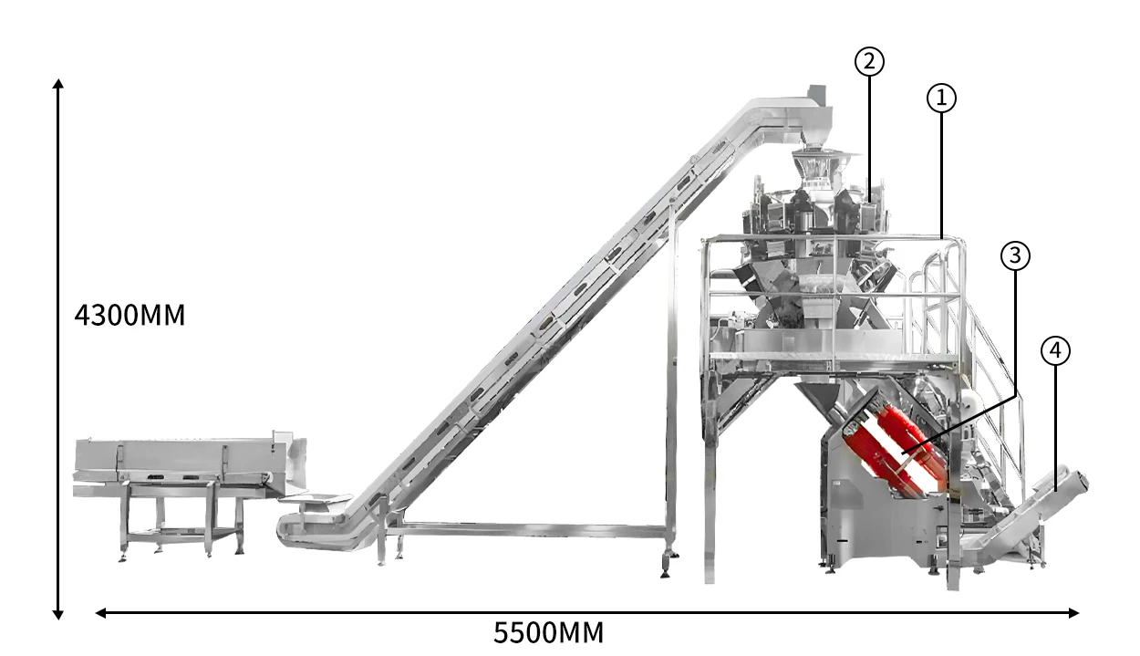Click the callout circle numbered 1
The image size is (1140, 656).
click(x=941, y=98)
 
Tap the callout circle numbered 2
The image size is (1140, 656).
click(x=869, y=62)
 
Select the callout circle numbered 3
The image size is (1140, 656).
click(x=1015, y=255)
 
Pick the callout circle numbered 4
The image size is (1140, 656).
click(x=1055, y=351)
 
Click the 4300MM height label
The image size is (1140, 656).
click(x=130, y=316)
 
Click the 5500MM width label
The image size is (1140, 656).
click(x=548, y=633)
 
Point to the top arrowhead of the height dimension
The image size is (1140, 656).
click(x=58, y=84)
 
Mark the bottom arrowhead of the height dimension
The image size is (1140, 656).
click(x=58, y=614)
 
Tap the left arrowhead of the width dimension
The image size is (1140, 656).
click(x=100, y=613)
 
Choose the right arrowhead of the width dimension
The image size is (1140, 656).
click(x=1073, y=613)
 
